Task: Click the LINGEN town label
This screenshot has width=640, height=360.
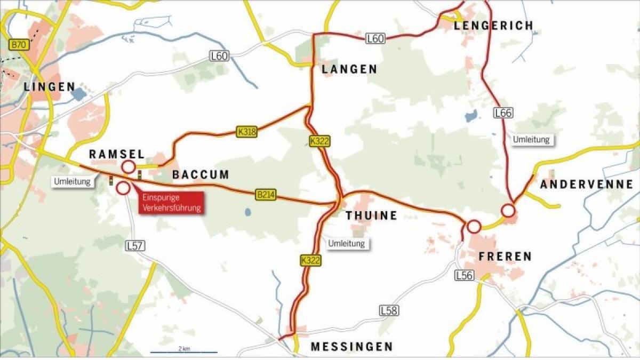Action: (50, 87)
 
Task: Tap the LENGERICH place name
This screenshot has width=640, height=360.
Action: (493, 26)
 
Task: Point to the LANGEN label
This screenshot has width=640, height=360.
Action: (349, 69)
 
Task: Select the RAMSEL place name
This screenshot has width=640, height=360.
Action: (116, 154)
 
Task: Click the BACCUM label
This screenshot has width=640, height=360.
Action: (201, 174)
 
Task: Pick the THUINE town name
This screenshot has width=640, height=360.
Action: (372, 215)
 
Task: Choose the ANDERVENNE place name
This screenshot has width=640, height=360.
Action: (587, 185)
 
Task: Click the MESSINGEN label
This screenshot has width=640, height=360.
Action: (351, 347)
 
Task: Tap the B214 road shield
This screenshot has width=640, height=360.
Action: (266, 195)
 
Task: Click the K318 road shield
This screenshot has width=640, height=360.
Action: (246, 132)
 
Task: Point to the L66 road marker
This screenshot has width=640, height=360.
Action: (503, 113)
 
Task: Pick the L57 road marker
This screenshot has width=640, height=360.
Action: (135, 246)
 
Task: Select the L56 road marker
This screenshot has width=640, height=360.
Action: (465, 275)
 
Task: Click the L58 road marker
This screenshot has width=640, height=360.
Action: (389, 310)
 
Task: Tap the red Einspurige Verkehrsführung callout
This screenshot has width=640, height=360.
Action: (172, 203)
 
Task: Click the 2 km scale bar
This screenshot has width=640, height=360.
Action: (183, 351)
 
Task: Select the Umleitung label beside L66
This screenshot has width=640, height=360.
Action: (531, 140)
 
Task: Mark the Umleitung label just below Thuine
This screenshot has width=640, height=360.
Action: (347, 243)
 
